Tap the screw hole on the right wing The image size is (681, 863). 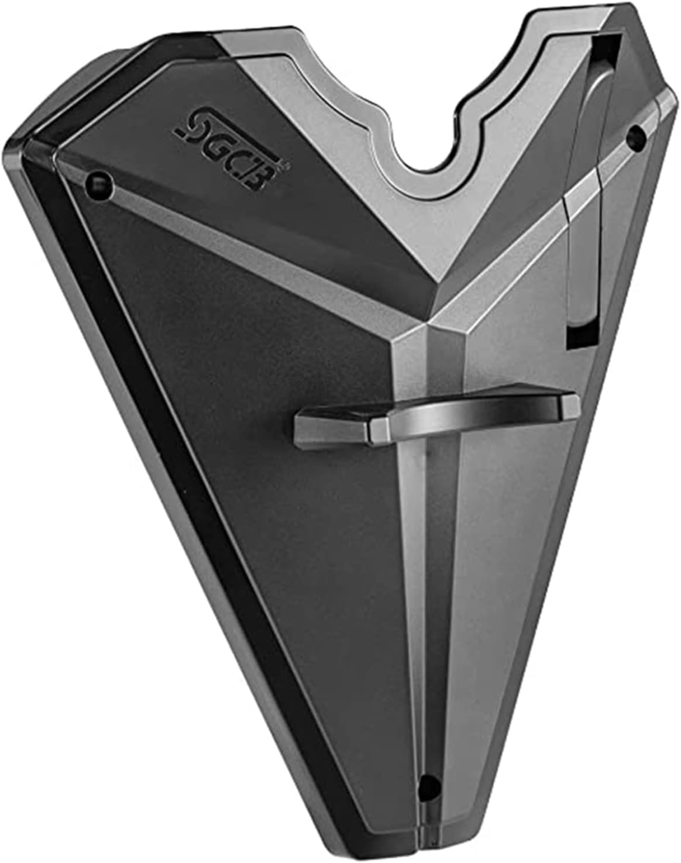point(634,136)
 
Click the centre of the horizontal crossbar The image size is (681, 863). point(430,412)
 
